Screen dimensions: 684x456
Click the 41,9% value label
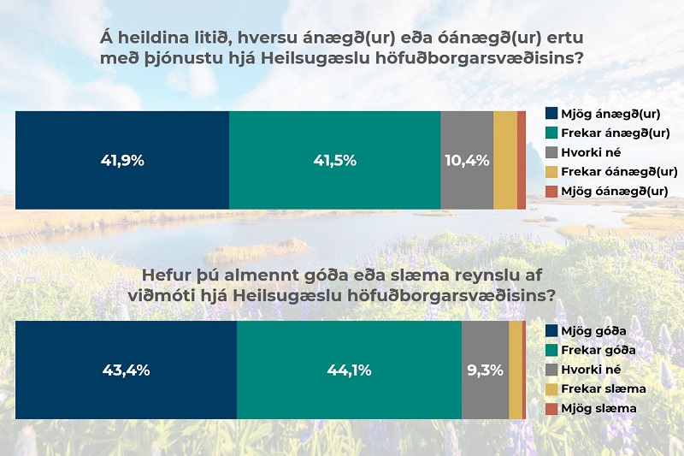(122, 161)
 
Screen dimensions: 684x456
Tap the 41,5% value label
(334, 161)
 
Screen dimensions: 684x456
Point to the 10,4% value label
(467, 161)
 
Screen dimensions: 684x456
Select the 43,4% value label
(126, 370)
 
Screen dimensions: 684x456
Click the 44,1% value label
(349, 370)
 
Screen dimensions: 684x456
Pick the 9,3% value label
(485, 370)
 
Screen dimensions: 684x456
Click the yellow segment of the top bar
(505, 160)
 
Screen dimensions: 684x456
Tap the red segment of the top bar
(522, 160)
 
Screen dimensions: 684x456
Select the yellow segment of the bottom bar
(516, 370)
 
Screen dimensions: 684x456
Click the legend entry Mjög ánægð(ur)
(603, 114)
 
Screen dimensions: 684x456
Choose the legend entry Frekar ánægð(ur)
(608, 133)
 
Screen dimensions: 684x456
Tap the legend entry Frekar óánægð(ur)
(611, 171)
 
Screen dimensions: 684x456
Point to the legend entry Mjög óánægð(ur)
(607, 191)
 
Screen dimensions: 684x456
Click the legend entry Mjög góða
(586, 331)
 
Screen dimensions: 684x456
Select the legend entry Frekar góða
(591, 350)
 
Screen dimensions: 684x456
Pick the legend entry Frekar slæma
(596, 388)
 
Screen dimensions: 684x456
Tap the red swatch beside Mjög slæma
(551, 408)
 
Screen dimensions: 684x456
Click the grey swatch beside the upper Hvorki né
(551, 152)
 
